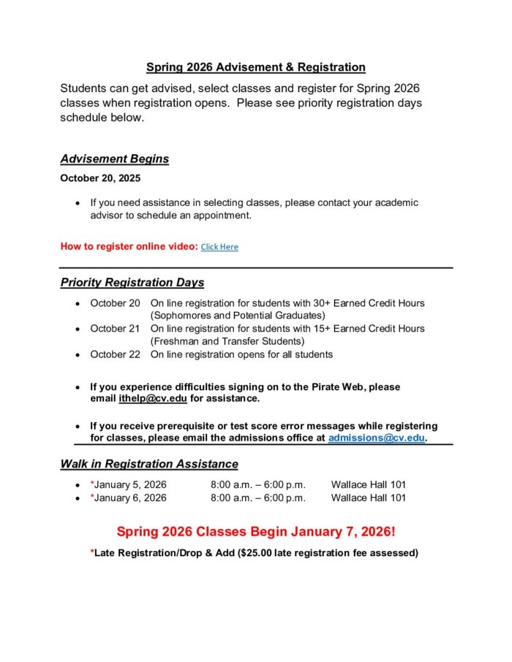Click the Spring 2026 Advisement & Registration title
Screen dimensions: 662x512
tap(255, 67)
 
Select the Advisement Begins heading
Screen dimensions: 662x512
tap(114, 159)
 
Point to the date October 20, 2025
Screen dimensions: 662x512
tap(100, 178)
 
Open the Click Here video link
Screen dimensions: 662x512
tap(219, 247)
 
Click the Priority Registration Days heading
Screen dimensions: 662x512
tap(132, 282)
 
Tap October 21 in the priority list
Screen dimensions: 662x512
tap(115, 329)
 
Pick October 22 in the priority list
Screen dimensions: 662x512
tap(115, 354)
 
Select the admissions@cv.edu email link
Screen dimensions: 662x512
tap(376, 438)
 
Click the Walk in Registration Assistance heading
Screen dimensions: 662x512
tap(149, 464)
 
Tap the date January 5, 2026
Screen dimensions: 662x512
tap(131, 484)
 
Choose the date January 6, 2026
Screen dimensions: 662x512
tap(131, 498)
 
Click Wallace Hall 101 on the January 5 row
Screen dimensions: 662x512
tap(369, 484)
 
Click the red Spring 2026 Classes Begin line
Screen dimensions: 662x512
tap(255, 531)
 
